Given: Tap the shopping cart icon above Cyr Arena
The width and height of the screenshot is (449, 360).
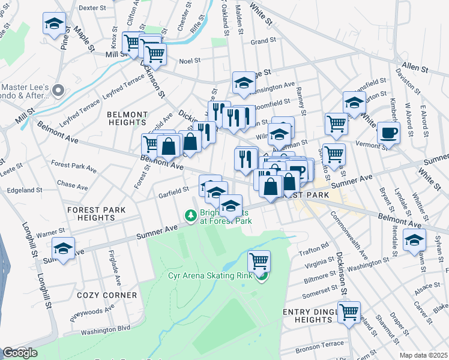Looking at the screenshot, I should (259, 261).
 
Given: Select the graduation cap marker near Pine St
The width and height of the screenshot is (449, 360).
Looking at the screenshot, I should (54, 24).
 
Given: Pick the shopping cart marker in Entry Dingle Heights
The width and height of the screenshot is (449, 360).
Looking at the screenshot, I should (349, 312).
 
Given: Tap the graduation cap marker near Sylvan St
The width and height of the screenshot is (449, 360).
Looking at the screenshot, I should (414, 240).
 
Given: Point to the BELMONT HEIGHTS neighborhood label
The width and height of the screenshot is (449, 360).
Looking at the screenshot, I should (127, 118).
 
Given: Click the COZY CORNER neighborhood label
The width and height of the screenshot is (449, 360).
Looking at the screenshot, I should (107, 295).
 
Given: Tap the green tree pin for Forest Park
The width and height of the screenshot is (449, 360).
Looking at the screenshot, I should (190, 215).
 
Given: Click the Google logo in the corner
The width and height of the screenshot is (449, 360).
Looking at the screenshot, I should (19, 353).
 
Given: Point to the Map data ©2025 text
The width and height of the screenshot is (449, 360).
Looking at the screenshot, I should (423, 355).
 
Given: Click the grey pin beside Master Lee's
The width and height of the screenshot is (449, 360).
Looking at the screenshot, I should (58, 91).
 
